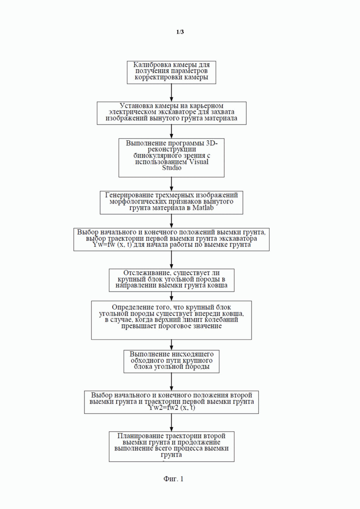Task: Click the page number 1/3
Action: [180, 32]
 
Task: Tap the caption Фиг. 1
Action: [174, 479]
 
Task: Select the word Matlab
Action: [203, 208]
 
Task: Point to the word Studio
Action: [172, 168]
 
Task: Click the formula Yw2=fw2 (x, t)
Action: [172, 408]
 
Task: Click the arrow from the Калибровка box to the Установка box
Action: [171, 93]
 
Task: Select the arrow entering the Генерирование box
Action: [171, 184]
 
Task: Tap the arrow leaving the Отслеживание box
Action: [171, 296]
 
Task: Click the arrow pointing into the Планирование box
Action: [171, 423]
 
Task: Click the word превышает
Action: [139, 326]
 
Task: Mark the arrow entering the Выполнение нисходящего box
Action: [171, 345]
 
